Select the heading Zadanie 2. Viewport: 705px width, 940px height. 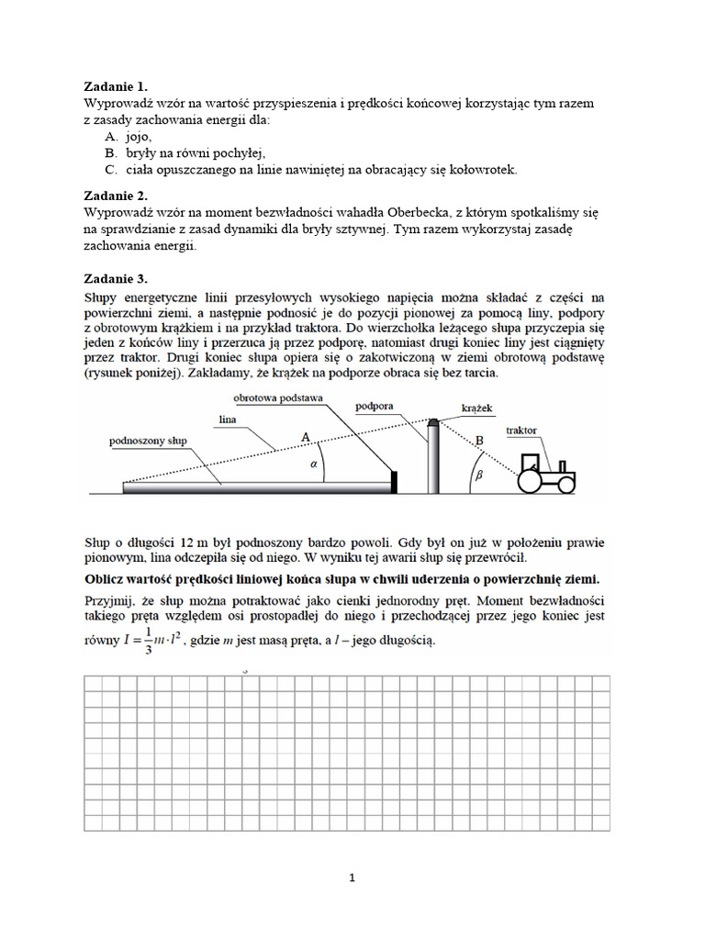tap(116, 196)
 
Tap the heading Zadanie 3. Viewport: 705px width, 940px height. tap(116, 278)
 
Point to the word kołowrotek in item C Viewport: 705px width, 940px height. tap(486, 170)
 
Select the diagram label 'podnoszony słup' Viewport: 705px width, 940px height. tap(148, 441)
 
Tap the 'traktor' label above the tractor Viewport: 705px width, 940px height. tap(522, 429)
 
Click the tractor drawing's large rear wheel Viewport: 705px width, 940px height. tap(531, 481)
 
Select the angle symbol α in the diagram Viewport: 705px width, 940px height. tap(314, 464)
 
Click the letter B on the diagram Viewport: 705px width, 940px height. tap(478, 439)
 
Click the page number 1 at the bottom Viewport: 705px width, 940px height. tap(352, 878)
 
